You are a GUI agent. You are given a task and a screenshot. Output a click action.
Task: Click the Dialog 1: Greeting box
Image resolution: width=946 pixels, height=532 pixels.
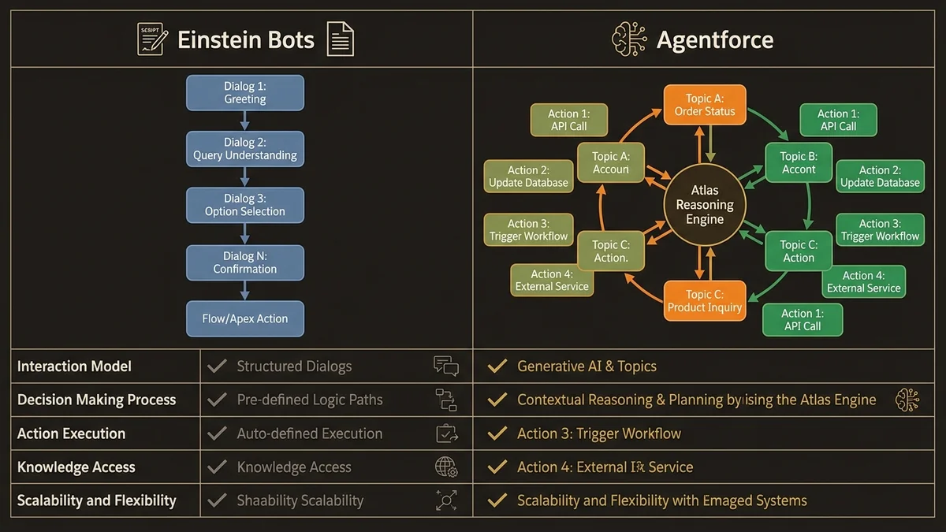tap(245, 93)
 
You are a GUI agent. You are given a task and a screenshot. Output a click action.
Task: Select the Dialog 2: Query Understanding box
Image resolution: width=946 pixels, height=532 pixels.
tap(245, 149)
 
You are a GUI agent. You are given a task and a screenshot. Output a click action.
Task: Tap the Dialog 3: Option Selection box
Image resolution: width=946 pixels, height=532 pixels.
tap(245, 205)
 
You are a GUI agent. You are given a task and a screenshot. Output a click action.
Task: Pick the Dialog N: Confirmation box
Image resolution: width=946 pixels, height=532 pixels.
tap(245, 262)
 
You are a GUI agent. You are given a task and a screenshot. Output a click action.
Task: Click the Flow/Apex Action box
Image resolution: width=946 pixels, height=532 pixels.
tap(245, 318)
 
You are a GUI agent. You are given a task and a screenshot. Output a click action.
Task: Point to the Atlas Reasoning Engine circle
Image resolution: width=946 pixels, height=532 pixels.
tap(704, 206)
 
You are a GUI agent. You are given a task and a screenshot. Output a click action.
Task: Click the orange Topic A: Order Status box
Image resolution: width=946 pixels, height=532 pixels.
tap(704, 105)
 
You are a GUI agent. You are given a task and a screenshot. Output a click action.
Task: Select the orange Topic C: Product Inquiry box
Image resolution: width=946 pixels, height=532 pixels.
tap(704, 301)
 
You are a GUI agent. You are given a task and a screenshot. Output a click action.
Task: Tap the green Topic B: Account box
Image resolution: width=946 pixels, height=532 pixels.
tap(799, 163)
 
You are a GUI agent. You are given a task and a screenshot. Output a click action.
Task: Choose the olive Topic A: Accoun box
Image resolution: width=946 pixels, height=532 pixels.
tap(611, 163)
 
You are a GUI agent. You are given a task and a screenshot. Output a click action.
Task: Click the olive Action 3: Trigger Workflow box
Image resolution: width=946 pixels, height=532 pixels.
tap(528, 229)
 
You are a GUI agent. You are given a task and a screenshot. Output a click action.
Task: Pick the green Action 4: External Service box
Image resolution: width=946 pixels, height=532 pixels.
tap(863, 281)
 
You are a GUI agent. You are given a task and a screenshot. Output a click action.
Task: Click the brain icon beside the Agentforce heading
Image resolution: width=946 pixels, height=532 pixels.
tap(629, 39)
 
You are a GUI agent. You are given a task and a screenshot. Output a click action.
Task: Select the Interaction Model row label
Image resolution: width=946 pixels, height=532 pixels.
tap(75, 366)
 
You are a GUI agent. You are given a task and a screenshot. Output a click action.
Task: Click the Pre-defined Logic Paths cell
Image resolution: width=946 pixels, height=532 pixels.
tap(310, 400)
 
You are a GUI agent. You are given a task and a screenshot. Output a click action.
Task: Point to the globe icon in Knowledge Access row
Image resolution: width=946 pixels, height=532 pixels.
tap(446, 467)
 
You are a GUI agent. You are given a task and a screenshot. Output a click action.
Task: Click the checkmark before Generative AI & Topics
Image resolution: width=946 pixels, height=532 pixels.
tap(497, 366)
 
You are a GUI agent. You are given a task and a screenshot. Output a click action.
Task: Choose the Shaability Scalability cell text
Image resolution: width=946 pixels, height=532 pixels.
tap(300, 500)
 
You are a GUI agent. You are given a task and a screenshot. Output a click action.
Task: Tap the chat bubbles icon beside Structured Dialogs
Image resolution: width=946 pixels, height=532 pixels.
tap(446, 366)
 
